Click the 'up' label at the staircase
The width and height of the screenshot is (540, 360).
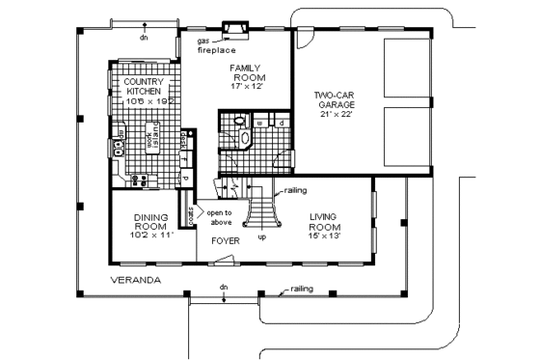261,236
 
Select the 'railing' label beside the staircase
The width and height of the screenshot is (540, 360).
295,190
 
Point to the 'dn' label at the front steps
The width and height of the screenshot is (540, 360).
223,287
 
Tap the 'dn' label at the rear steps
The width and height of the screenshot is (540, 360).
143,40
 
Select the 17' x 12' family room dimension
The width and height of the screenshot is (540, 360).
247,87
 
